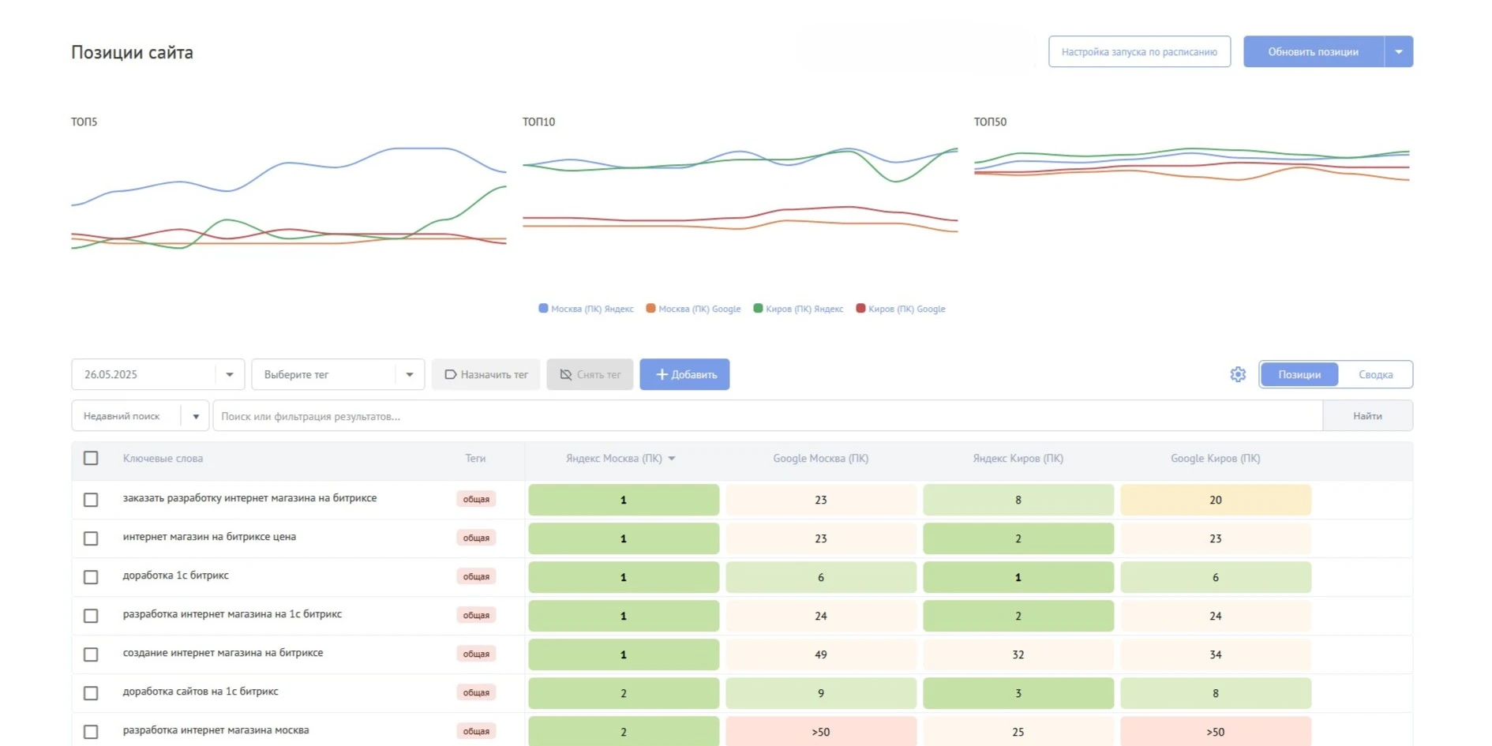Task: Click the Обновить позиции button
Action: pyautogui.click(x=1313, y=52)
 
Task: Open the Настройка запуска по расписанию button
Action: pyautogui.click(x=1139, y=52)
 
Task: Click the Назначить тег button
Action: pyautogui.click(x=485, y=374)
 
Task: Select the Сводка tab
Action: pyautogui.click(x=1375, y=374)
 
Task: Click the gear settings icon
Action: pyautogui.click(x=1238, y=374)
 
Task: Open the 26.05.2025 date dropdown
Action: pyautogui.click(x=158, y=374)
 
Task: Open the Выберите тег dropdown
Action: pyautogui.click(x=338, y=374)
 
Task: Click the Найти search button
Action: pyautogui.click(x=1367, y=416)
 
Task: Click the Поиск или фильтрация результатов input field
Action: pyautogui.click(x=767, y=416)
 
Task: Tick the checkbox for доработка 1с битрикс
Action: pyautogui.click(x=91, y=577)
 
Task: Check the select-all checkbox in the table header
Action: pyautogui.click(x=91, y=458)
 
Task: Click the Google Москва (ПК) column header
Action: pyautogui.click(x=820, y=459)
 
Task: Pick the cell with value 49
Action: pyautogui.click(x=821, y=654)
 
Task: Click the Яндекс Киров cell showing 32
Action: pyautogui.click(x=1018, y=654)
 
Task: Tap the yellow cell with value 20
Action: pyautogui.click(x=1216, y=500)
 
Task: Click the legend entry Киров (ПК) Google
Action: pyautogui.click(x=901, y=309)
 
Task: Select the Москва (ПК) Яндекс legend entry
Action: pyautogui.click(x=586, y=309)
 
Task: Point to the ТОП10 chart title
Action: pyautogui.click(x=538, y=122)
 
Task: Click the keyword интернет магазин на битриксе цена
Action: pyautogui.click(x=209, y=537)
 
